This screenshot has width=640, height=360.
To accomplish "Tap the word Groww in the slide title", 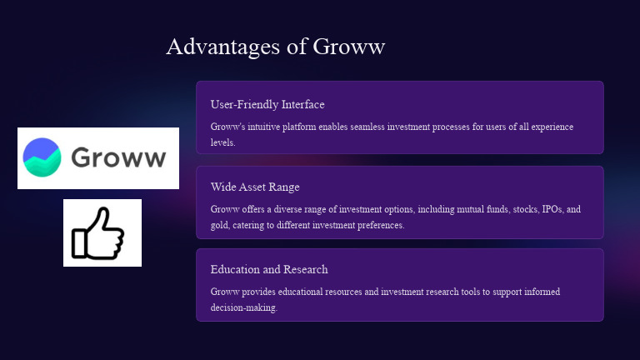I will (349, 47).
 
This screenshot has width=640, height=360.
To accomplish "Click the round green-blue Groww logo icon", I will (42, 157).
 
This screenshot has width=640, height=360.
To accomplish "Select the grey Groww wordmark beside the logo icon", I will (118, 157).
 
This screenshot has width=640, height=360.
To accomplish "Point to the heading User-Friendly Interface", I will (267, 104).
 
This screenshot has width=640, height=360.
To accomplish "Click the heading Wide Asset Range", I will (255, 187).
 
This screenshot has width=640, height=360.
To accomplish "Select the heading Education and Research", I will (269, 269).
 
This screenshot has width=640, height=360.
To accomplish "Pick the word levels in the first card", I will (222, 142).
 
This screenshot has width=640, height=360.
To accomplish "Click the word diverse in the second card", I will (289, 209).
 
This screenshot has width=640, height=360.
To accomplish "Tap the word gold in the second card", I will (220, 225).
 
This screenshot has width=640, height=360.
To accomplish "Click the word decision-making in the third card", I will (243, 307).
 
